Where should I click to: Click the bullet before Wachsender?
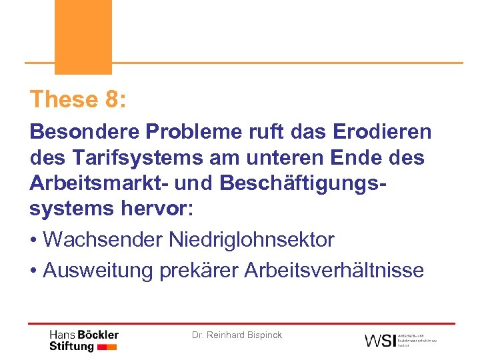34,240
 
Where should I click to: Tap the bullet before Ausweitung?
34,270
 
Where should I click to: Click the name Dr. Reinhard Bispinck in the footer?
237,335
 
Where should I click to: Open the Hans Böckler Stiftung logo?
84,340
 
